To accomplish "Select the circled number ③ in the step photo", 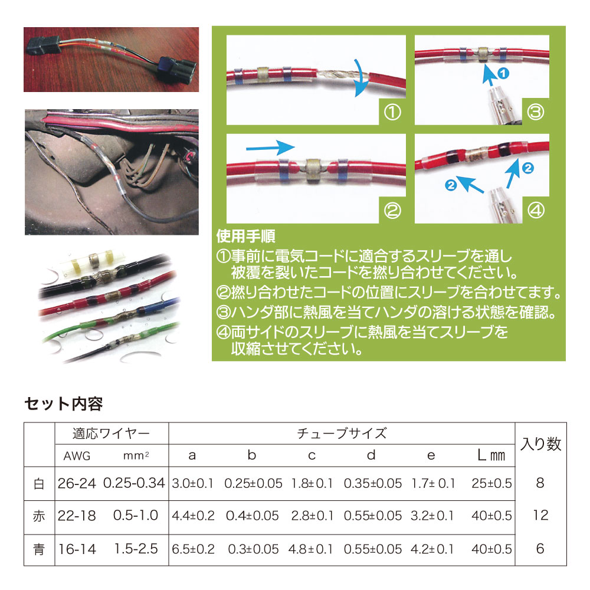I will pyautogui.click(x=535, y=112).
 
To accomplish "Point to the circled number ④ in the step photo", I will pyautogui.click(x=535, y=210).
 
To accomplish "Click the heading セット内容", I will pyautogui.click(x=63, y=404).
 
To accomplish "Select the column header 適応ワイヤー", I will pyautogui.click(x=111, y=434).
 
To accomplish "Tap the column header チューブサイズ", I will pyautogui.click(x=342, y=434).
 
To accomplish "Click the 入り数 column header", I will pyautogui.click(x=540, y=444).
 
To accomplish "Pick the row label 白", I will pyautogui.click(x=39, y=484).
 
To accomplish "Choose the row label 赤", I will pyautogui.click(x=39, y=516).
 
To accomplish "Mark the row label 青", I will pyautogui.click(x=39, y=549).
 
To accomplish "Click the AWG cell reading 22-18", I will pyautogui.click(x=77, y=516).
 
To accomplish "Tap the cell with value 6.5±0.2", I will pyautogui.click(x=194, y=549).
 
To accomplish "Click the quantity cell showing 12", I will pyautogui.click(x=540, y=516).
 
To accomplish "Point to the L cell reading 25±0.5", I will pyautogui.click(x=491, y=484).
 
